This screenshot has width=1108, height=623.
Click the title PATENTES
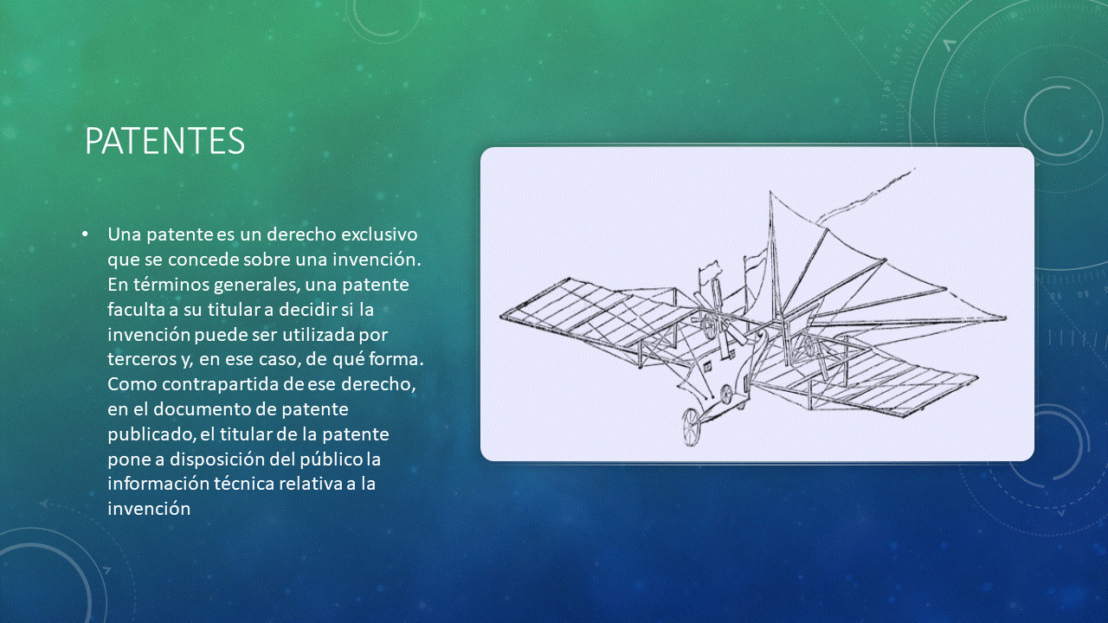[x=164, y=141]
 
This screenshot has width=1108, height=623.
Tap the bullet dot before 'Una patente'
[x=86, y=234]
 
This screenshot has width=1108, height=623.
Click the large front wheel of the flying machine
[x=691, y=427]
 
